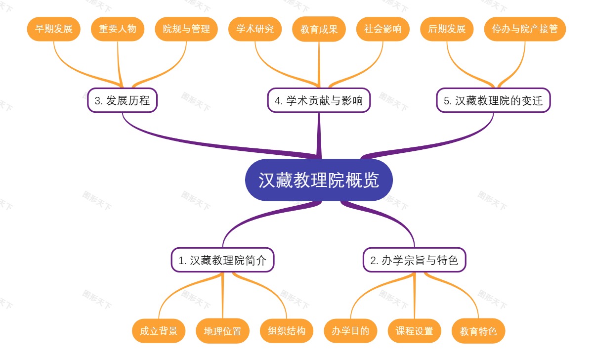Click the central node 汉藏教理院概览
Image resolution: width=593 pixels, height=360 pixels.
click(x=319, y=180)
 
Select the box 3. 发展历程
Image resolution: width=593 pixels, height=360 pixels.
click(x=122, y=100)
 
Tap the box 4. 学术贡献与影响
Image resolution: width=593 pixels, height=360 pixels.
click(x=319, y=100)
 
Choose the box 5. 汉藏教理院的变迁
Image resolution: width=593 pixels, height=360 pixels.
click(x=493, y=100)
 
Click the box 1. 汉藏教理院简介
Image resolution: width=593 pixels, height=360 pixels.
click(x=222, y=260)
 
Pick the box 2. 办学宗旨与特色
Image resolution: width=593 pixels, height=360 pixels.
click(x=414, y=260)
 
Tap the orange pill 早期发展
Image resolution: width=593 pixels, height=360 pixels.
click(x=53, y=29)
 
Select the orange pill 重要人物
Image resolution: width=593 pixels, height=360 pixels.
click(x=118, y=29)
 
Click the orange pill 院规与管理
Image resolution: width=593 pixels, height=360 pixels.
click(x=186, y=29)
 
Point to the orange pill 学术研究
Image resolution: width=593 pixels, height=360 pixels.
click(x=255, y=29)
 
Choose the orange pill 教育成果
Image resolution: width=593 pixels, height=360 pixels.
click(x=319, y=29)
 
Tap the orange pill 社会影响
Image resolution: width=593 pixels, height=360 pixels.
click(x=383, y=29)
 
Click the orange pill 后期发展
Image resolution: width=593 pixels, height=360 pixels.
click(x=447, y=29)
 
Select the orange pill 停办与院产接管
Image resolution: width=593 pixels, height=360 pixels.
click(x=525, y=29)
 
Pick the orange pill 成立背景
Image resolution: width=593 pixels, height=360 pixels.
click(x=159, y=331)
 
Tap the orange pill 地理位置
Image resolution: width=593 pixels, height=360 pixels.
click(x=222, y=331)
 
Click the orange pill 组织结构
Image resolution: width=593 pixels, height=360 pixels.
click(x=287, y=331)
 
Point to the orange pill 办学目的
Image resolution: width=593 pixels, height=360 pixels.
click(x=350, y=331)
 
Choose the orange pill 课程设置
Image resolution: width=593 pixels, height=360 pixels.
click(x=414, y=331)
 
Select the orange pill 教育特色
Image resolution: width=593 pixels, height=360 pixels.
click(x=478, y=331)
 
